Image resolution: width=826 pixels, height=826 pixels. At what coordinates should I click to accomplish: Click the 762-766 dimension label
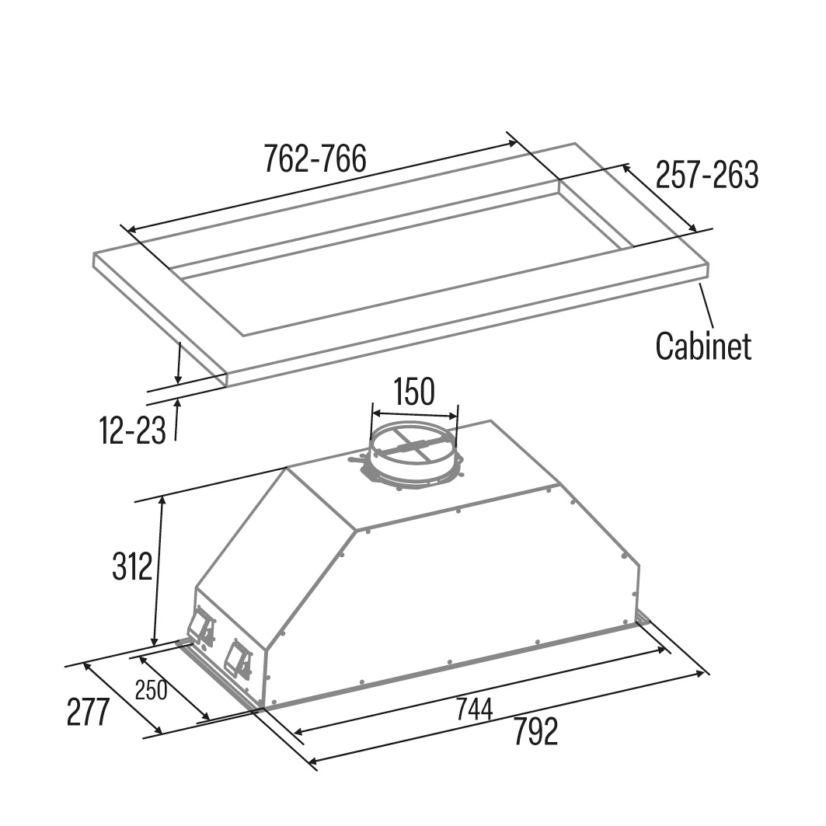[x=315, y=159]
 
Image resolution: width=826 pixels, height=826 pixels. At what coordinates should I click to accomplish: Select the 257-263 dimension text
[x=707, y=174]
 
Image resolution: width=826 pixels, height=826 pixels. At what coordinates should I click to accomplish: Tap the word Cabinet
[x=703, y=346]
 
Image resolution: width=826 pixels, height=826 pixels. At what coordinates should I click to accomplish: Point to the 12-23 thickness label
[x=133, y=430]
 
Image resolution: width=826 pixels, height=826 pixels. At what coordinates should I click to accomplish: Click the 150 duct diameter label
[x=414, y=392]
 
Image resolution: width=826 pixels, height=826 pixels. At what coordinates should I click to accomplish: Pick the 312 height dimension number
[x=131, y=566]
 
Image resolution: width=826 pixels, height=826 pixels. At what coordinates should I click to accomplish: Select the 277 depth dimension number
[x=88, y=712]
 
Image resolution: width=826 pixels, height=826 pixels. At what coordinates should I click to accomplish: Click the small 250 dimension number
[x=152, y=691]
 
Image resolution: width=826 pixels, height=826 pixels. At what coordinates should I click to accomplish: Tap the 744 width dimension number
[x=474, y=709]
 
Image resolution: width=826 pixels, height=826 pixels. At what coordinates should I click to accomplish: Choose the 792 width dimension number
[x=535, y=732]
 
